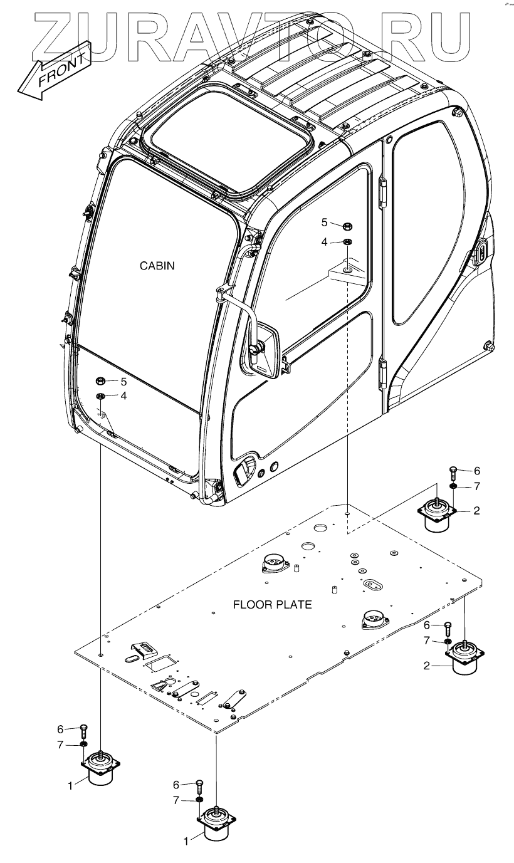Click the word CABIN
157,266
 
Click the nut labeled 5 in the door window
346,224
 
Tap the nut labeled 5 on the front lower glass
100,382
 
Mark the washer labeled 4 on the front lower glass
100,396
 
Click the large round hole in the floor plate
307,548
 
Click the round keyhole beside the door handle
273,468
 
